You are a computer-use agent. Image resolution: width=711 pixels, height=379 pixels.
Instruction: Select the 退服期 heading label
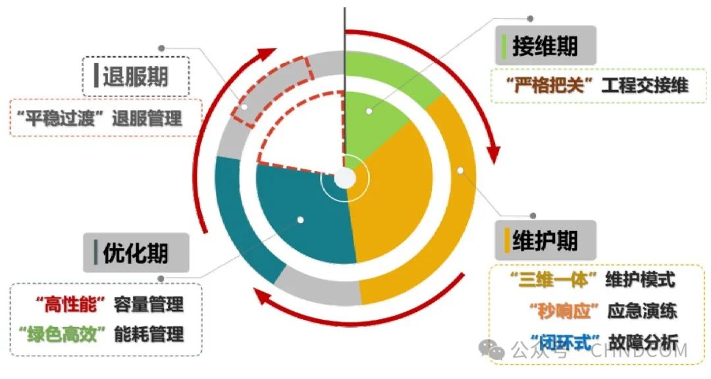(136, 77)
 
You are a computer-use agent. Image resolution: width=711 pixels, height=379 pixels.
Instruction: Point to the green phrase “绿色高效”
(64, 334)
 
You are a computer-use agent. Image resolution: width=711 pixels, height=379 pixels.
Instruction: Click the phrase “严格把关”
(548, 86)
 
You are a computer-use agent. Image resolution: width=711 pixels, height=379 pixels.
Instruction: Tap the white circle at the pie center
(345, 178)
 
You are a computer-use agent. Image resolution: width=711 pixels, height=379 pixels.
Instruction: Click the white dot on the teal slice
(300, 220)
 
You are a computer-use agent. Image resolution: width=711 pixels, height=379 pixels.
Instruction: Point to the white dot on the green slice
(369, 111)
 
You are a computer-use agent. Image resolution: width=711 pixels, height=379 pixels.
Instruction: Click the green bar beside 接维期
(504, 46)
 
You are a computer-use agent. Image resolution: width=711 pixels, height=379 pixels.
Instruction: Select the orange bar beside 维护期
(507, 240)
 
